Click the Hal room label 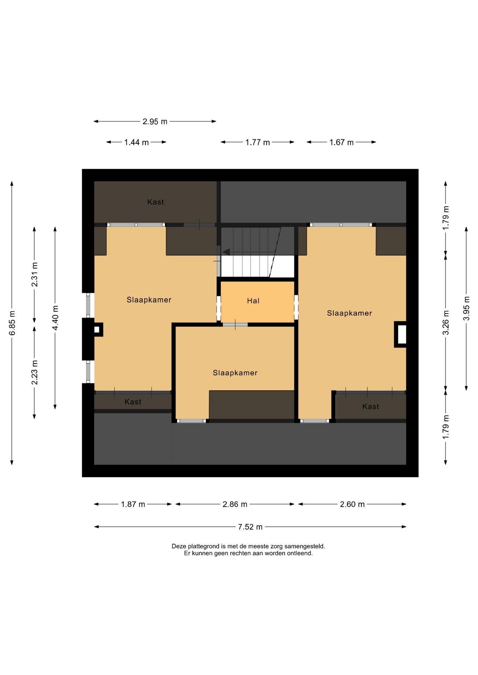click(253, 301)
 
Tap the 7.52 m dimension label click(250, 527)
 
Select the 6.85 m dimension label click(12, 323)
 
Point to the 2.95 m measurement click(155, 122)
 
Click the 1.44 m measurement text click(136, 142)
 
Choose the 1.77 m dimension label click(258, 142)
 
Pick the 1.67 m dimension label click(341, 142)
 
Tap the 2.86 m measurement click(235, 504)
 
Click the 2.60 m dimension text click(352, 504)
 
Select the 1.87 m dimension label click(133, 504)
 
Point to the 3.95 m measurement click(466, 308)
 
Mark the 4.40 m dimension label click(55, 318)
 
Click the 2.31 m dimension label click(34, 274)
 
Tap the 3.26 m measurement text click(446, 322)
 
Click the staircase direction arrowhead click(226, 252)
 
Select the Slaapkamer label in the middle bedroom click(235, 373)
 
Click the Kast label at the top click(156, 202)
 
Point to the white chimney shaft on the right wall click(402, 334)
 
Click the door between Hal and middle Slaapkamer click(235, 324)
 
